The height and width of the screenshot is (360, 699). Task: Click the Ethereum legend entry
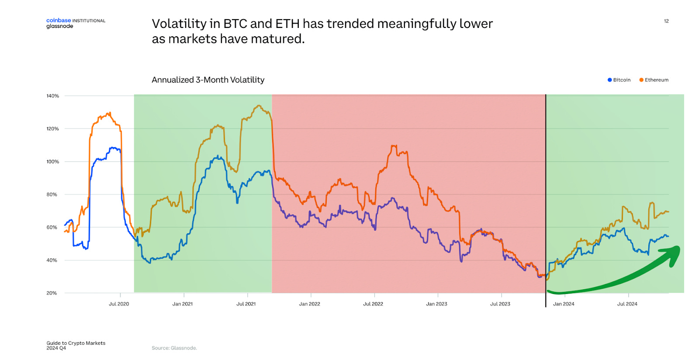click(x=656, y=80)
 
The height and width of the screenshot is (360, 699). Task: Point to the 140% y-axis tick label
click(x=52, y=96)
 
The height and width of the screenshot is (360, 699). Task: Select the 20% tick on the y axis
click(x=52, y=293)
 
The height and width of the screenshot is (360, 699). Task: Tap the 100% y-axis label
click(x=52, y=162)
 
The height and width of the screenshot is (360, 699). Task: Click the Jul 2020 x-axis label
click(x=119, y=304)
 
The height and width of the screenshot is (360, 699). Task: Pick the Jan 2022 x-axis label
click(x=309, y=304)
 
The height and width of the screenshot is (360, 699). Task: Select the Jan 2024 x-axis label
click(x=564, y=304)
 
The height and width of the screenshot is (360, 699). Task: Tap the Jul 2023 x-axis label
click(x=500, y=304)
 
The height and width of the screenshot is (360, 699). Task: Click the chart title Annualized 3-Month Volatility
click(x=208, y=80)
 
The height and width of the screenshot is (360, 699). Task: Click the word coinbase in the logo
click(x=59, y=21)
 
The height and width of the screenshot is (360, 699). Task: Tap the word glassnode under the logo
click(x=60, y=26)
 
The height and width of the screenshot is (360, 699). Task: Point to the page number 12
click(x=666, y=21)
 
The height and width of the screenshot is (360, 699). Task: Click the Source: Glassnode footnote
click(x=174, y=348)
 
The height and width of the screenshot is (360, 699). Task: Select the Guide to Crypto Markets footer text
click(x=76, y=343)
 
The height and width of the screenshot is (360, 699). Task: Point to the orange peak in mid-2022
click(x=393, y=146)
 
